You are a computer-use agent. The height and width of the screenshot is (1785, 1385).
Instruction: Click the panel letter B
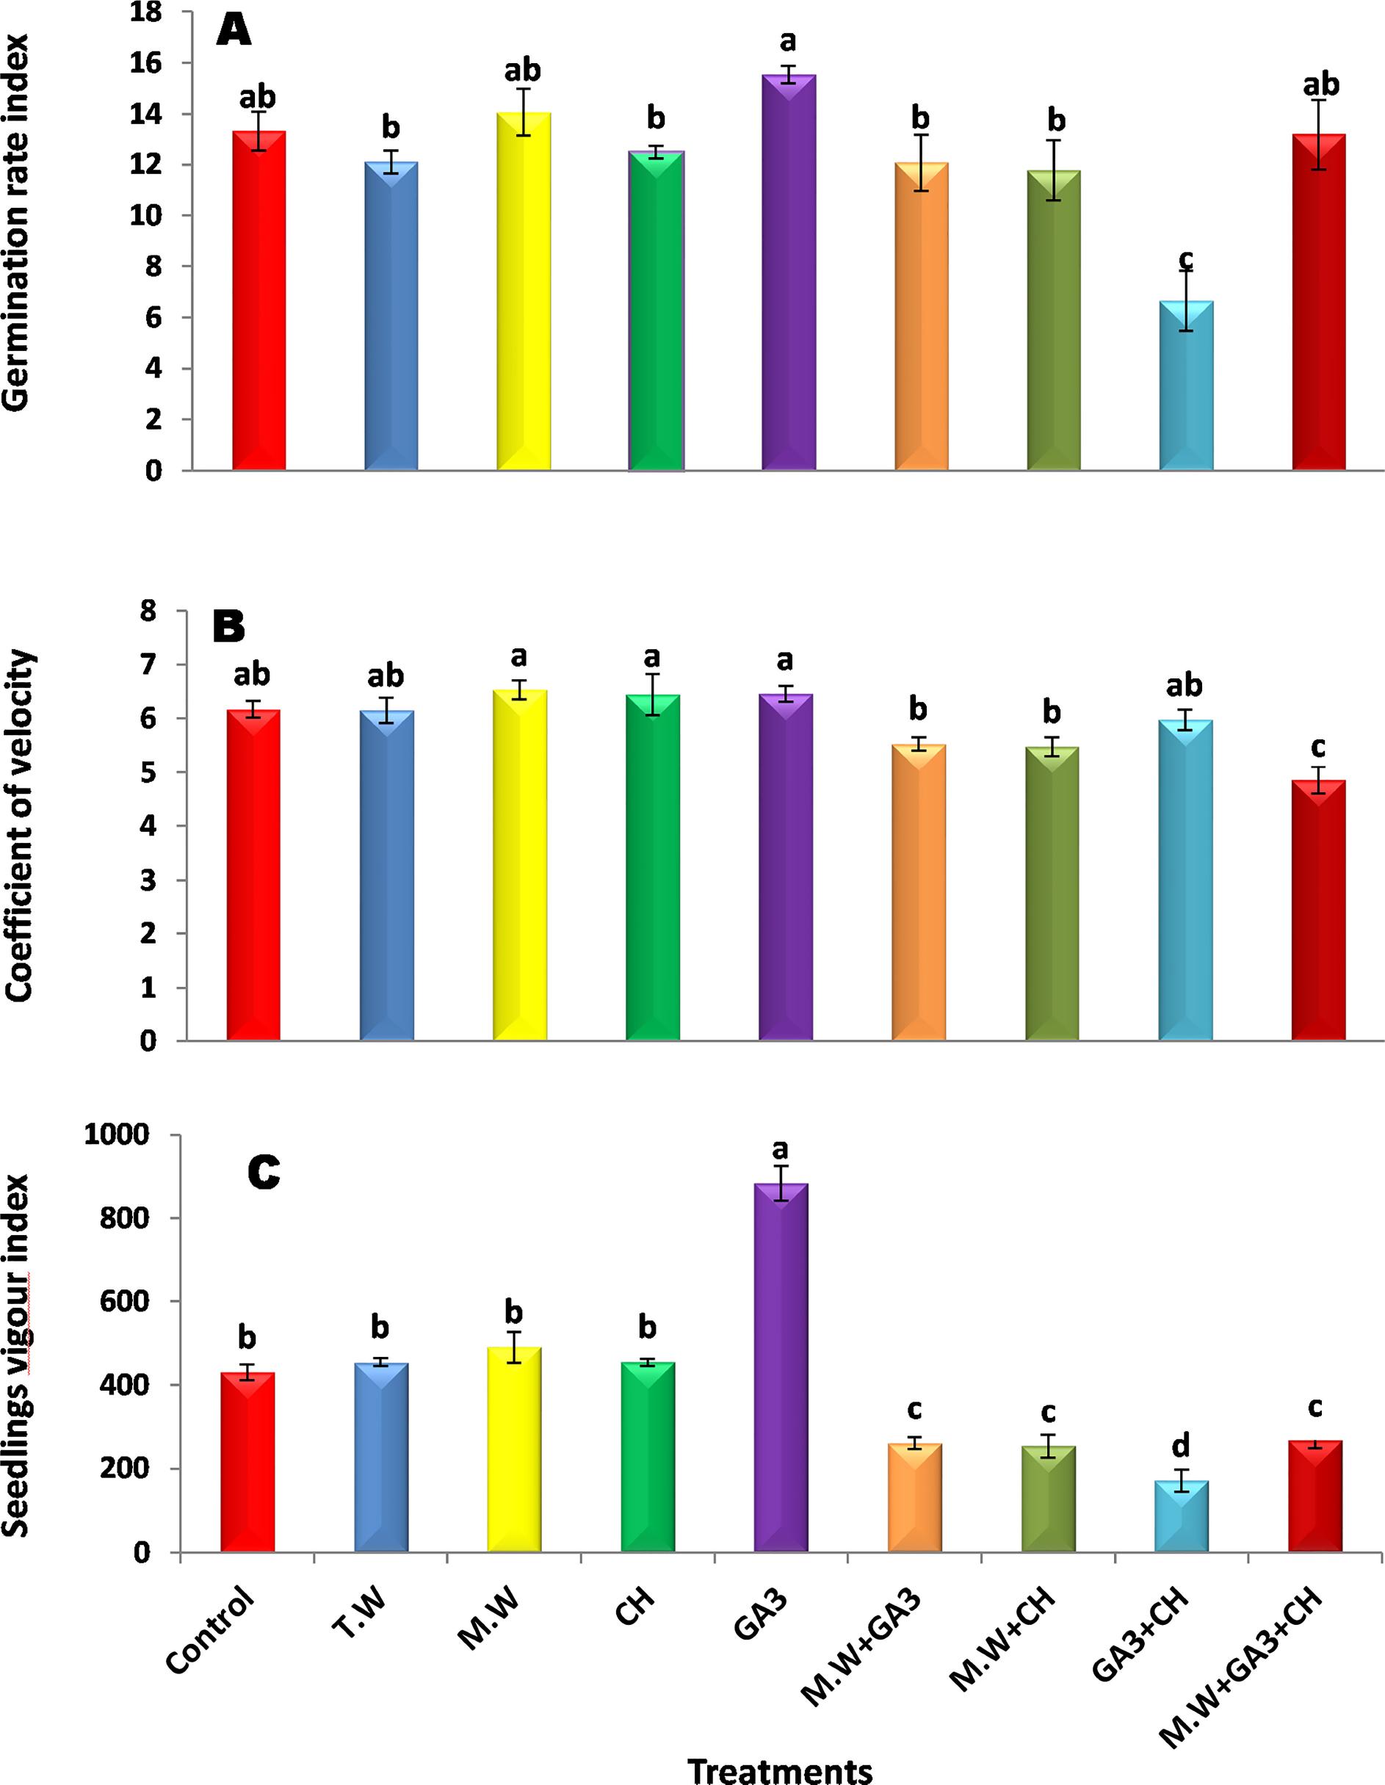pos(229,627)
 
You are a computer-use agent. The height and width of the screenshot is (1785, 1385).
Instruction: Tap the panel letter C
pos(263,1172)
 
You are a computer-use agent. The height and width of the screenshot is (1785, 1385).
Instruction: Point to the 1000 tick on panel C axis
pos(125,1135)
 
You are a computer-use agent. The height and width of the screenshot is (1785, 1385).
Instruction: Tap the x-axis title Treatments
pos(780,1770)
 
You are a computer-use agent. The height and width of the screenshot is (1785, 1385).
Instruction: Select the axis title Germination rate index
pos(16,221)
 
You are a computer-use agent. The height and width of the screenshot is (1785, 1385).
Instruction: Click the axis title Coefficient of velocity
pos(18,825)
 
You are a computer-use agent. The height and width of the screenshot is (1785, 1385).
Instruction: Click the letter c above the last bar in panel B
pos(1317,747)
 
